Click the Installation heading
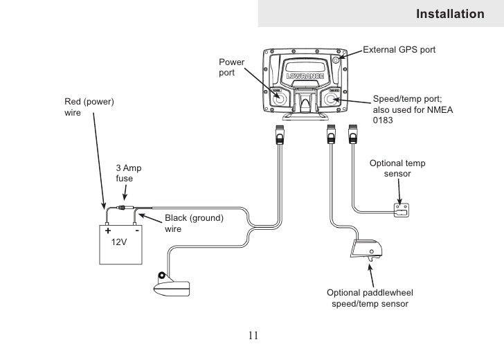450,14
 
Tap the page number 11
253,335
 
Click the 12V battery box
120,244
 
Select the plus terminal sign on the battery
108,231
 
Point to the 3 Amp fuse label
129,173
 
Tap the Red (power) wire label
89,107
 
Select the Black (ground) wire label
194,224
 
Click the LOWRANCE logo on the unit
305,76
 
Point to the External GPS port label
399,50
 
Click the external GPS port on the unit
336,60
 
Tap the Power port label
231,67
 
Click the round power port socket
279,99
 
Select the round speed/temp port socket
330,99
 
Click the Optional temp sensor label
397,168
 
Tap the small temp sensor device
402,210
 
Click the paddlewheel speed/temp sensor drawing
366,249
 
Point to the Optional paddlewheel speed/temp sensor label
370,298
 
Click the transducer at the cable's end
172,285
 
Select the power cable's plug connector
280,135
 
